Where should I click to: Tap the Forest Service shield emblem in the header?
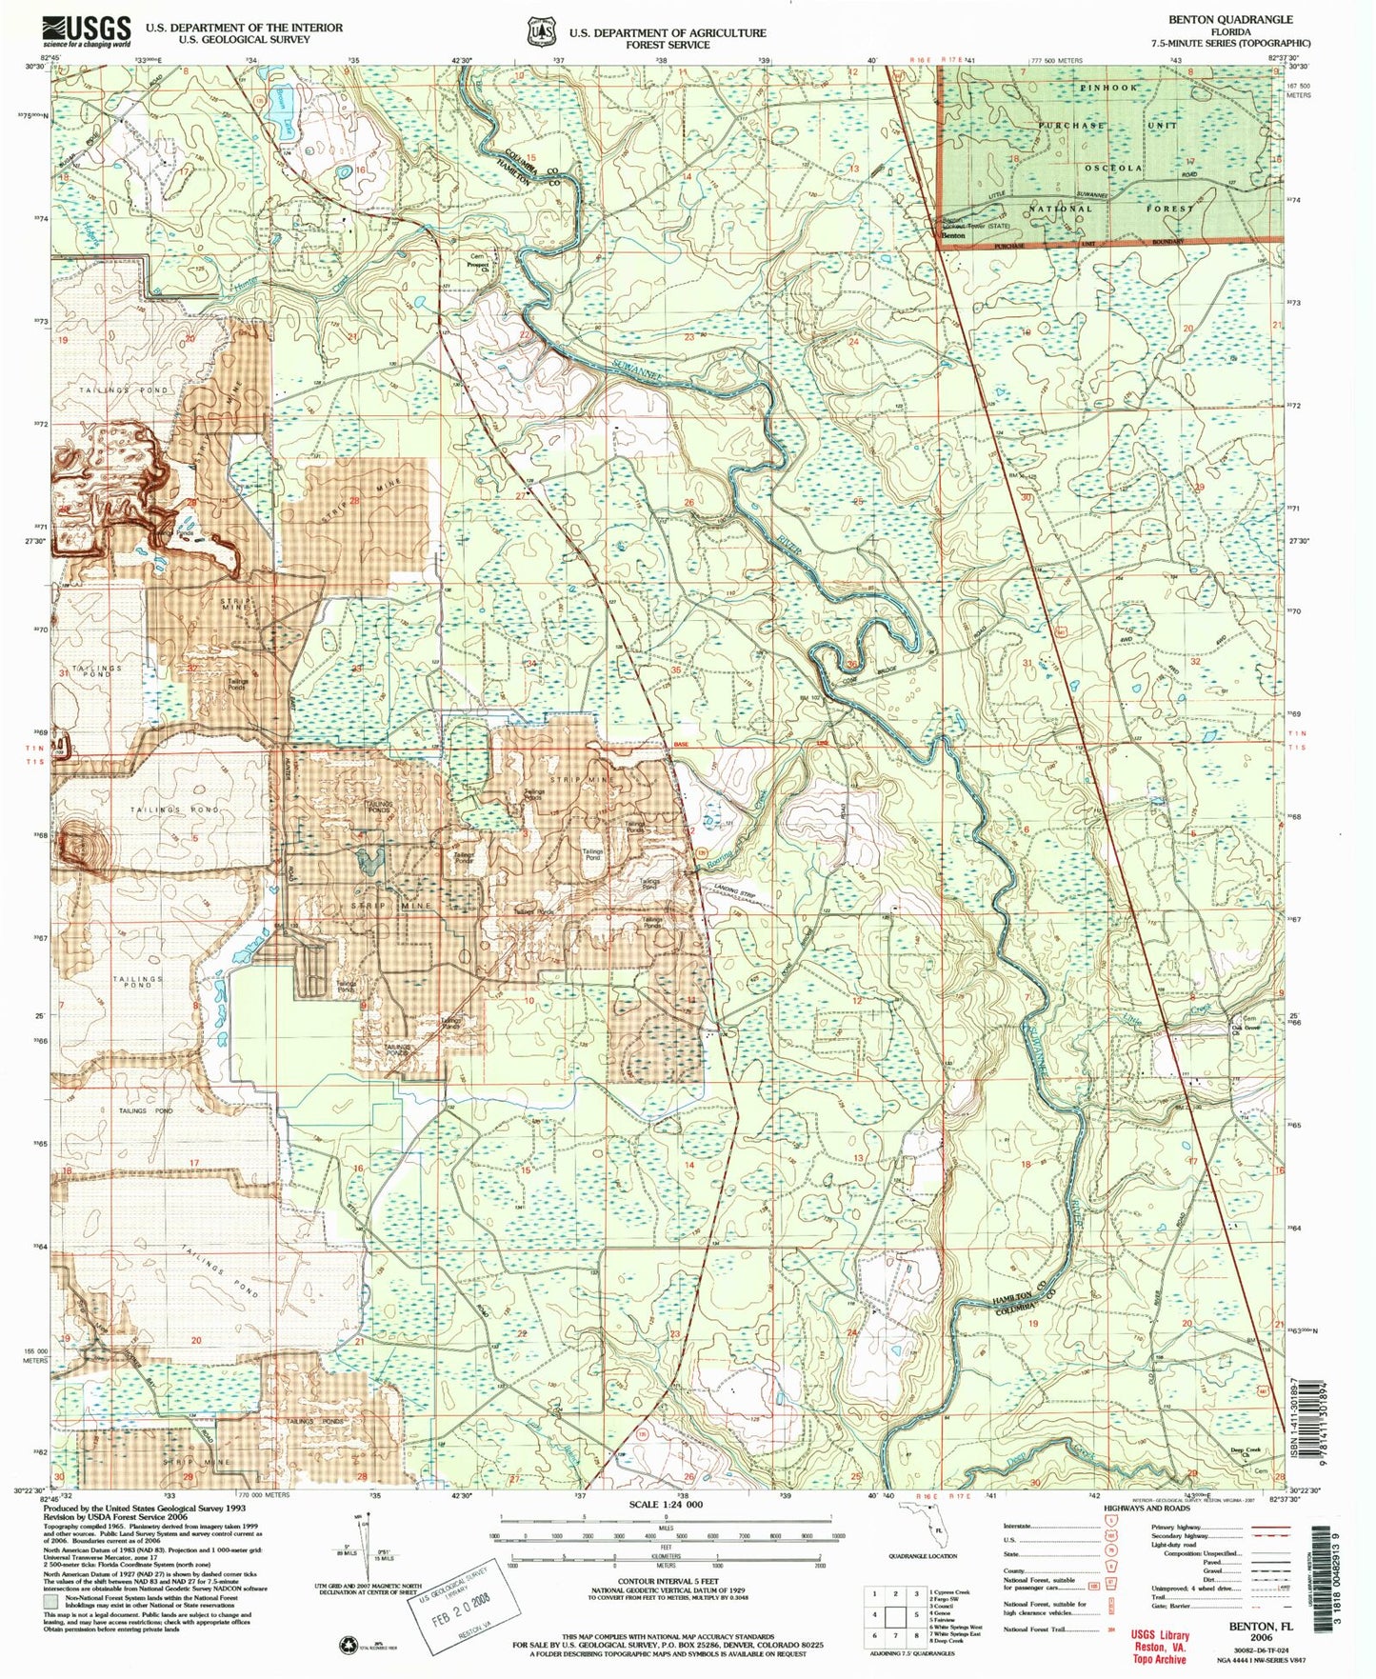point(542,30)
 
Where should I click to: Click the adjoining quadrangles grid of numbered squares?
point(894,1616)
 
